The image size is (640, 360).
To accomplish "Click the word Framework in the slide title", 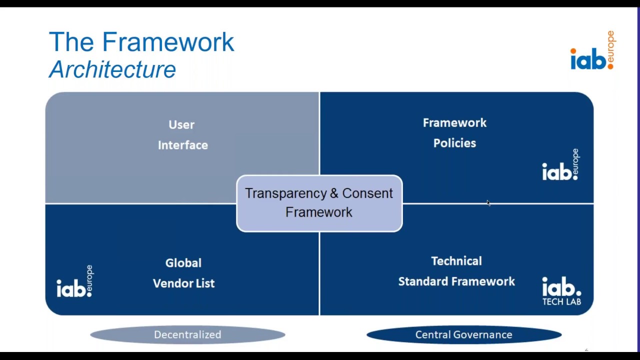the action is [x=168, y=42].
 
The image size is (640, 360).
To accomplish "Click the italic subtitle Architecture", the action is [x=112, y=69].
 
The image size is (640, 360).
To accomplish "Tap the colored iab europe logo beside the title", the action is [x=593, y=50].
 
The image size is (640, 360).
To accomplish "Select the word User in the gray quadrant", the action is [x=181, y=125].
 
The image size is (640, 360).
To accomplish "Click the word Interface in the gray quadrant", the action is [x=183, y=145].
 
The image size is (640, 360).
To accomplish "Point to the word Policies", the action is [x=454, y=143].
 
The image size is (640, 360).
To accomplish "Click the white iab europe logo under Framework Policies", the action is [x=561, y=165].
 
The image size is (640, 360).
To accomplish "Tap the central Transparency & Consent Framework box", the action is [x=319, y=203].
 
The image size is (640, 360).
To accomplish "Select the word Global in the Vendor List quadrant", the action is [x=183, y=263].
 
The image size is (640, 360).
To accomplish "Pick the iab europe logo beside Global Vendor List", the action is [x=75, y=281].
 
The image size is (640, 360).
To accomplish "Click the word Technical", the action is [x=456, y=261].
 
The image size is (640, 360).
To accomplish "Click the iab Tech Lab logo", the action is [x=561, y=291].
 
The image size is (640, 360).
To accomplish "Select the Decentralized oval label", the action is [x=187, y=334].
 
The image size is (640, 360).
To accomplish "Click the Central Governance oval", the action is [x=464, y=334].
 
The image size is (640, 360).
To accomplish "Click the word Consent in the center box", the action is [x=367, y=193].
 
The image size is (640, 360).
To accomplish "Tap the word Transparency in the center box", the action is [x=286, y=193].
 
